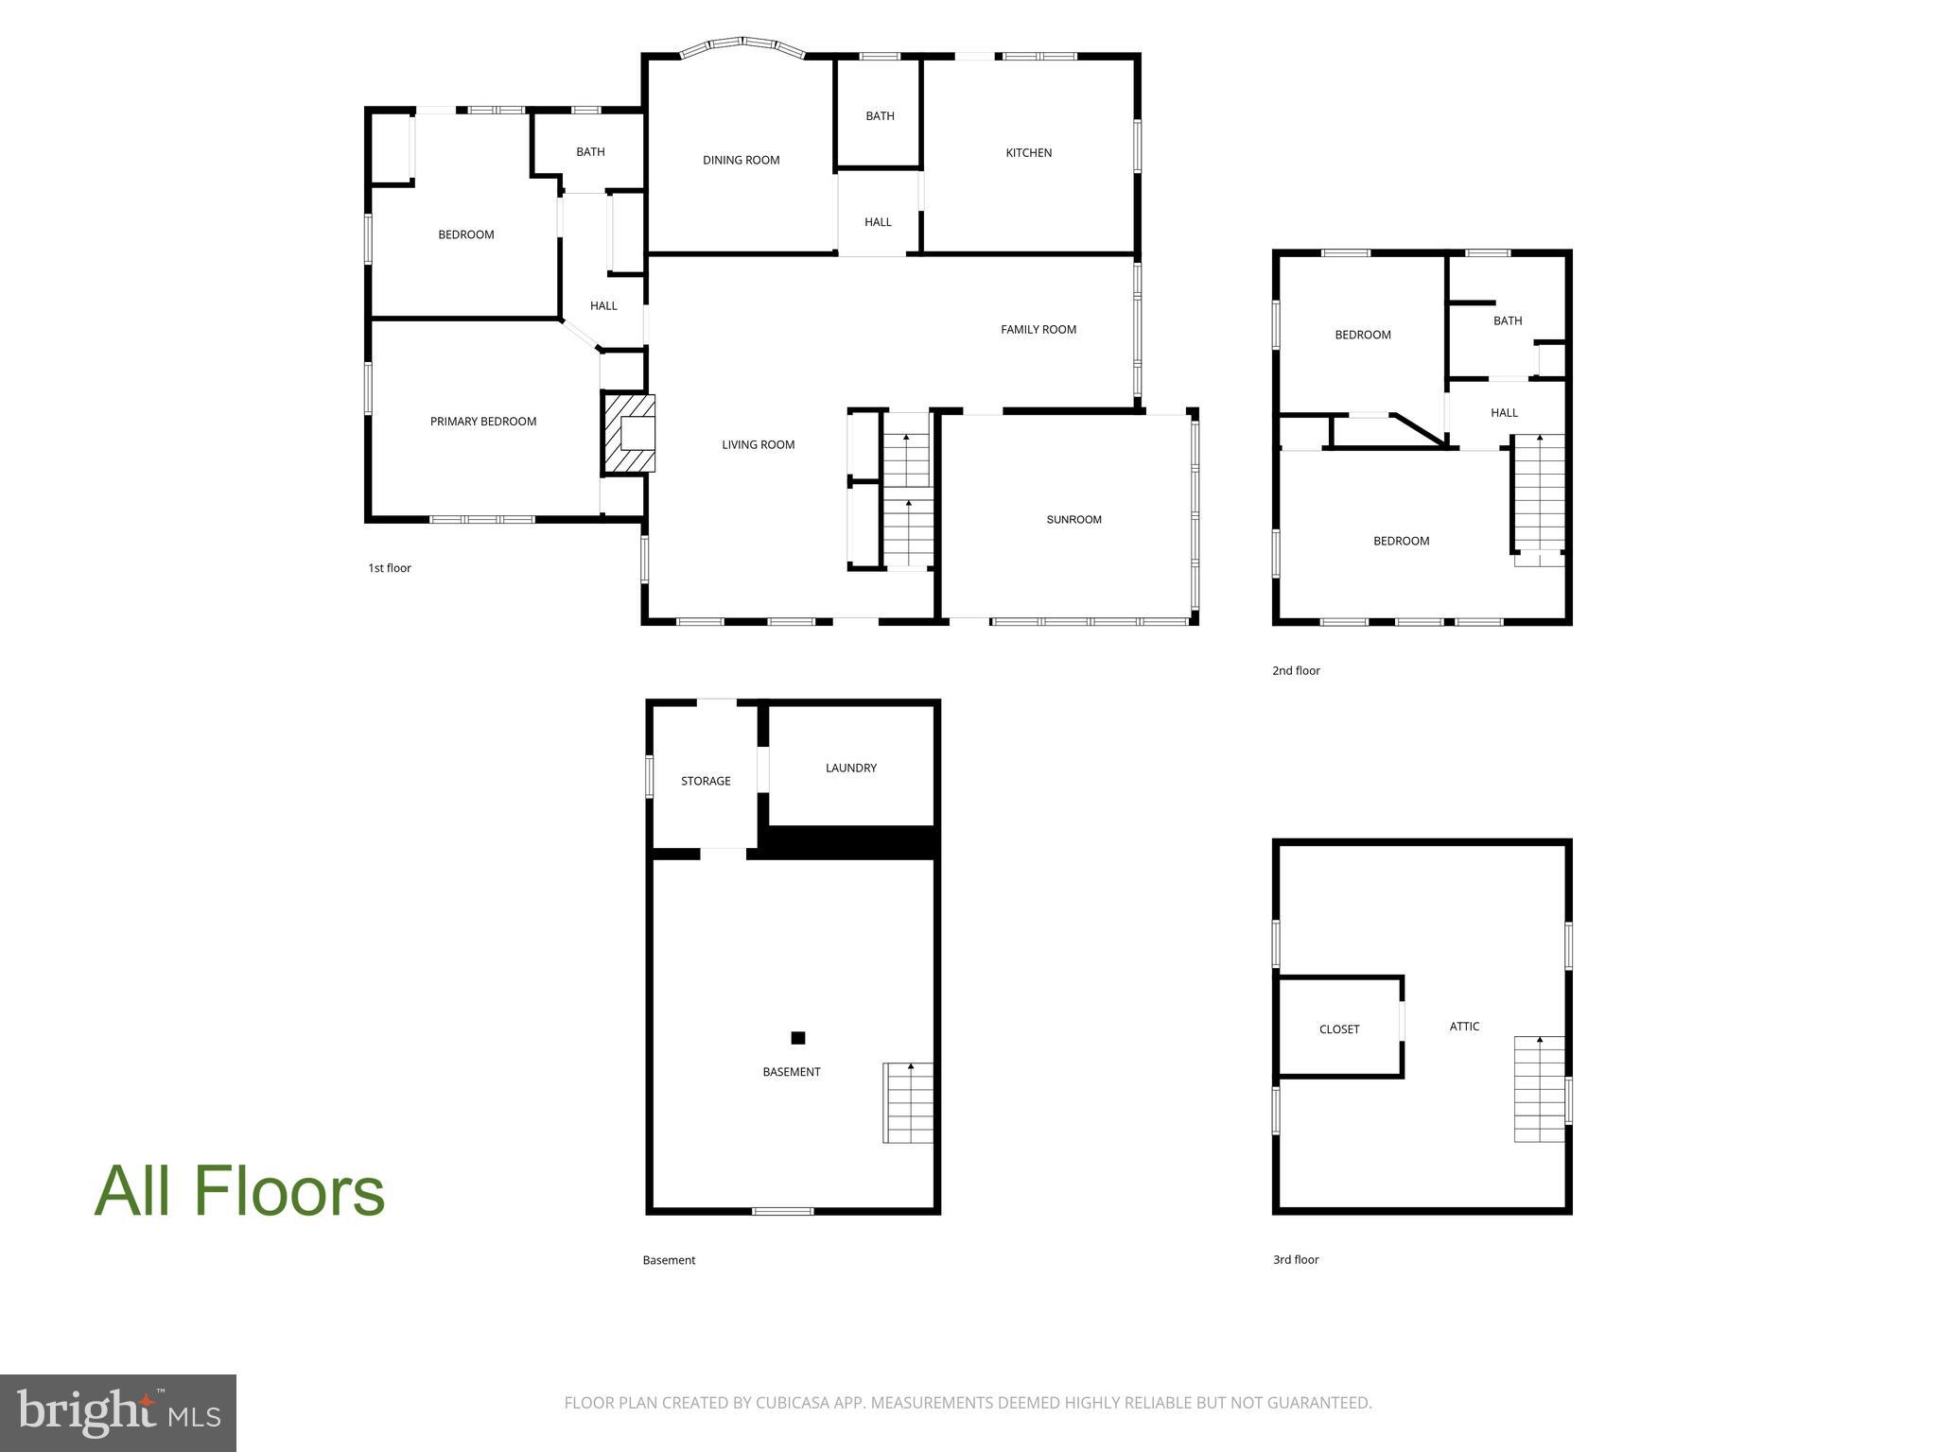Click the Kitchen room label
coord(1028,153)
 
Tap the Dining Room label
coord(741,161)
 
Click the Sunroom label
coord(1073,520)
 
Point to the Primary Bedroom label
coord(482,422)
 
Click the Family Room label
coord(1038,330)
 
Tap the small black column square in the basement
coord(797,1038)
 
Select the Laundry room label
coord(850,769)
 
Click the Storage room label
coord(706,782)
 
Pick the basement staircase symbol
coord(908,1102)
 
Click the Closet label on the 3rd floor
coord(1338,1029)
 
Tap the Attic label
coord(1463,1027)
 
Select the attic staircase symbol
coord(1539,1089)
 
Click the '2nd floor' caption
coord(1295,671)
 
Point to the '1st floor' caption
coord(389,568)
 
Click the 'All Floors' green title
coord(239,1191)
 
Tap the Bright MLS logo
coord(118,1412)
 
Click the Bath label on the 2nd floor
coord(1507,321)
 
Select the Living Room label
coord(758,445)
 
